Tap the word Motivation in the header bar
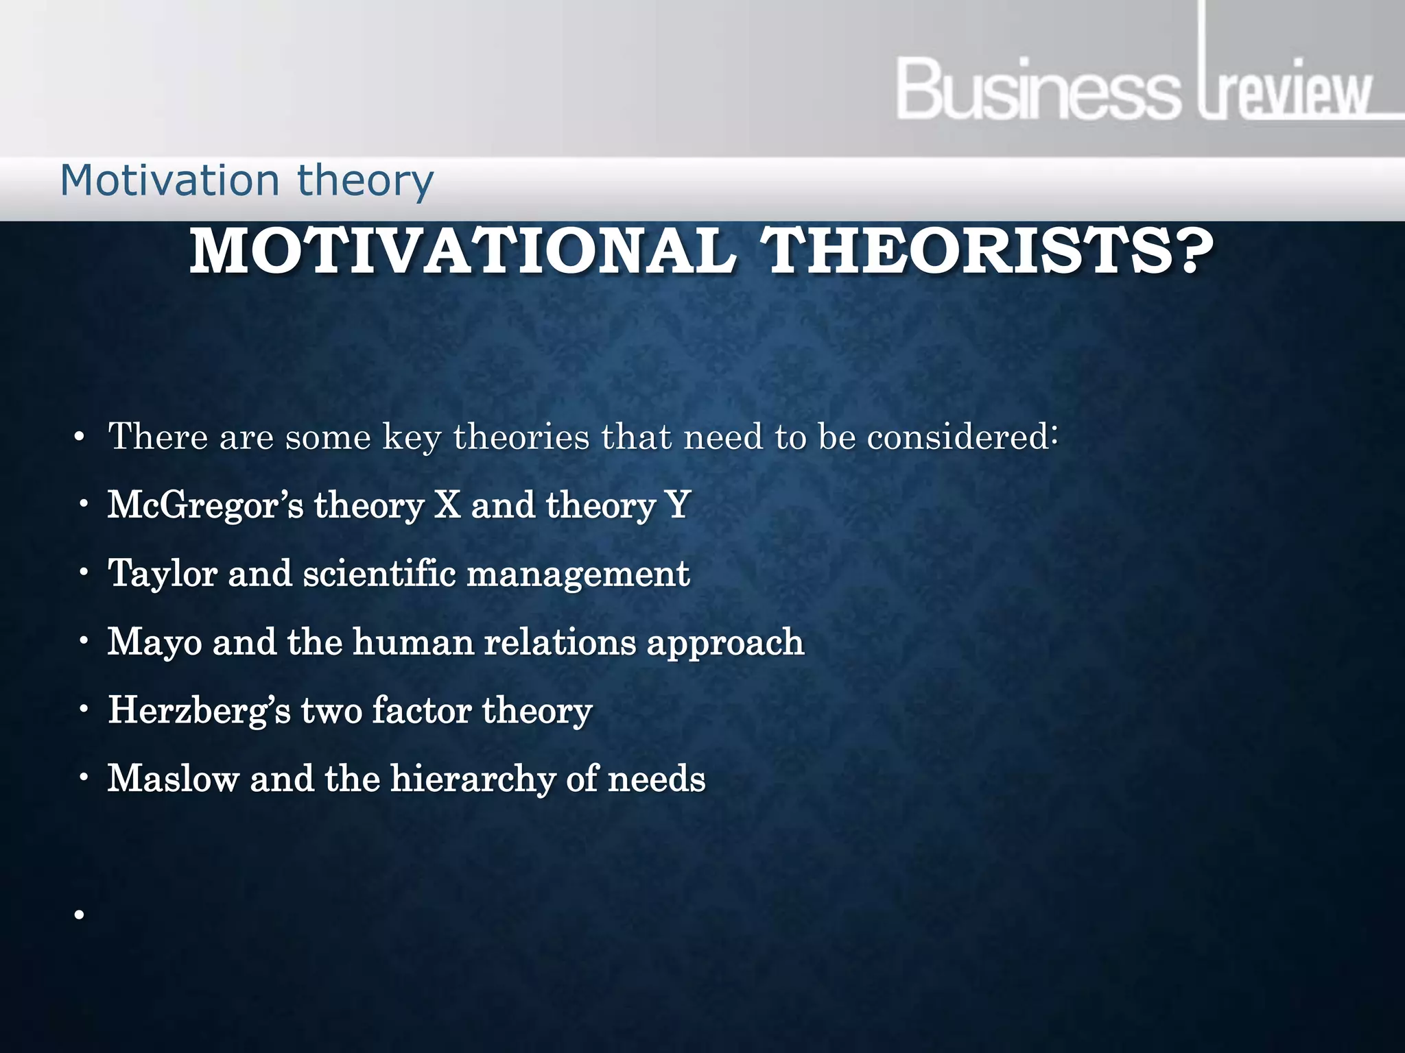[x=170, y=181]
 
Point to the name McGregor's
[x=205, y=506]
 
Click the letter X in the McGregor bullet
[x=447, y=505]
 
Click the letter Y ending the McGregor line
[x=678, y=505]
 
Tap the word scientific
[x=379, y=573]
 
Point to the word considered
[x=961, y=437]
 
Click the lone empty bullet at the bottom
[x=80, y=915]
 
